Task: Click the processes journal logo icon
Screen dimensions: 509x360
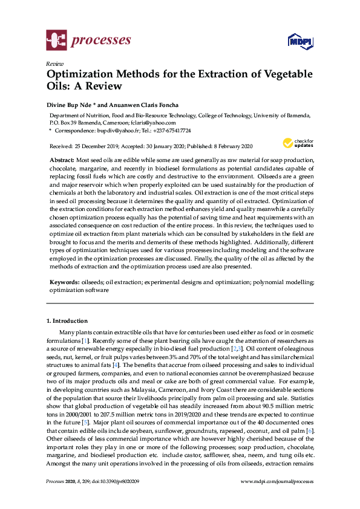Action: (56, 41)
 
